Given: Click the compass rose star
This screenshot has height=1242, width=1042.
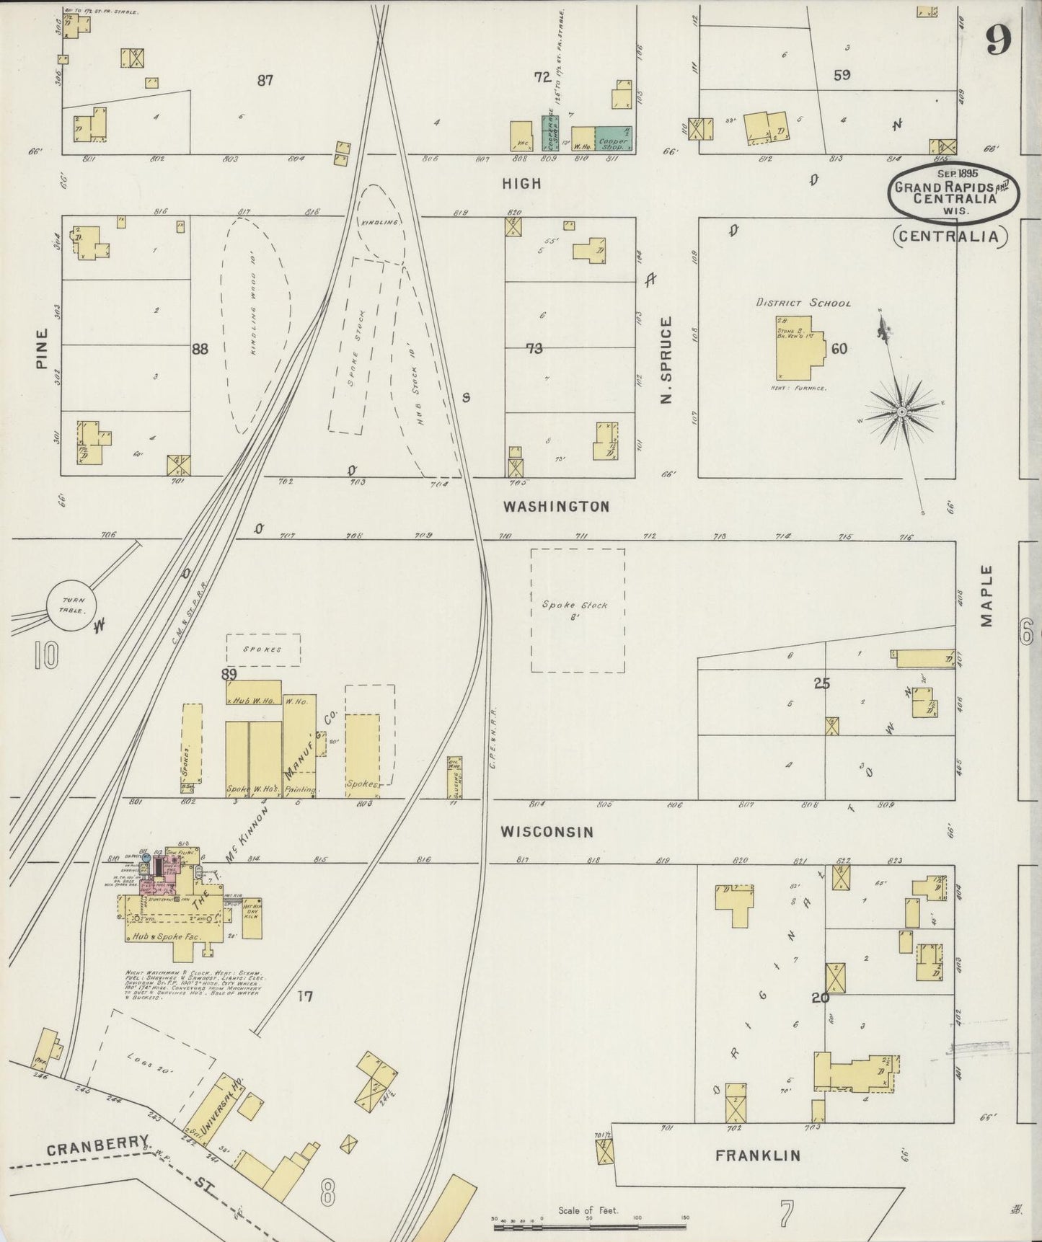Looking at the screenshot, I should coord(901,412).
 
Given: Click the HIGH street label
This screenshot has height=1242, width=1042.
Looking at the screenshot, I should coord(521,184).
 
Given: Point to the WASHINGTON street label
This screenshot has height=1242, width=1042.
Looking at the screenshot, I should coord(556,507).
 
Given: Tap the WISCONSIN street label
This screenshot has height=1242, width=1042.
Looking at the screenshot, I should coord(547,832).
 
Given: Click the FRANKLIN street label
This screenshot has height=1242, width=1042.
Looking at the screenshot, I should coord(757,1155).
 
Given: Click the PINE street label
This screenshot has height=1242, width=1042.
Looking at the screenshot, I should coord(42,349).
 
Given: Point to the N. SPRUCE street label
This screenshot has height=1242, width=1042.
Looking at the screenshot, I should coord(666,360).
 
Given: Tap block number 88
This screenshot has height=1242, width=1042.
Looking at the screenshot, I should coord(200,349).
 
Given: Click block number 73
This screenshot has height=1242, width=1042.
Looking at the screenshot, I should coord(534,349).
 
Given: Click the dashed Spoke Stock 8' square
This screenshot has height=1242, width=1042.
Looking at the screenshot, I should coord(578,610).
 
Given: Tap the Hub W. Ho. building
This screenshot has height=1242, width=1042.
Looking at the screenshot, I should coord(254,692).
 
